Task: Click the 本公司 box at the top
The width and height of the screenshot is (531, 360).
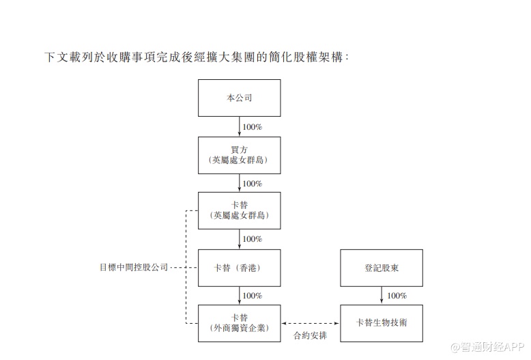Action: (x=239, y=98)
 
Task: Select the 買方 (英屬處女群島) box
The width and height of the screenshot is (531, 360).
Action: (x=239, y=155)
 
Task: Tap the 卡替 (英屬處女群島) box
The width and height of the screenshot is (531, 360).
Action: (x=239, y=210)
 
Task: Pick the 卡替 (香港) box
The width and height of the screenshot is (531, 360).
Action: (x=239, y=268)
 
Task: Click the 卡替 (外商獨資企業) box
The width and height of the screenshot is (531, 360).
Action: (x=239, y=323)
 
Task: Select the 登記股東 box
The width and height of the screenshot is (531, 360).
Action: (x=381, y=268)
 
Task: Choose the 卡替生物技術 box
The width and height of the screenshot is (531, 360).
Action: (x=381, y=323)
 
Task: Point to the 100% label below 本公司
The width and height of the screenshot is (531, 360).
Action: (x=253, y=127)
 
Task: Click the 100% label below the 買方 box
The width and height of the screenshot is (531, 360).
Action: (x=253, y=183)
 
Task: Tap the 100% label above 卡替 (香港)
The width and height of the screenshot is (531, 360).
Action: (x=253, y=239)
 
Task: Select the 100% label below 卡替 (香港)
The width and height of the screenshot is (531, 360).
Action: (x=253, y=296)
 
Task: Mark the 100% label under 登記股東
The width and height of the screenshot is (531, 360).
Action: (x=397, y=296)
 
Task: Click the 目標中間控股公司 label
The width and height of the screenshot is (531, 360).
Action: (x=133, y=268)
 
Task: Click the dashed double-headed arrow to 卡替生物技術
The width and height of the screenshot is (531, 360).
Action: (x=310, y=323)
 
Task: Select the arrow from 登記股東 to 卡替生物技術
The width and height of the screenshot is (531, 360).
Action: (x=381, y=295)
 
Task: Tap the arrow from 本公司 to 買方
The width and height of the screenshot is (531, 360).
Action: (x=240, y=126)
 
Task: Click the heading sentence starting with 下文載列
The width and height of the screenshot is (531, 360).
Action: (x=197, y=57)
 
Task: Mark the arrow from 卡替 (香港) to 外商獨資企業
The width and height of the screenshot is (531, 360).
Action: (x=240, y=295)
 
